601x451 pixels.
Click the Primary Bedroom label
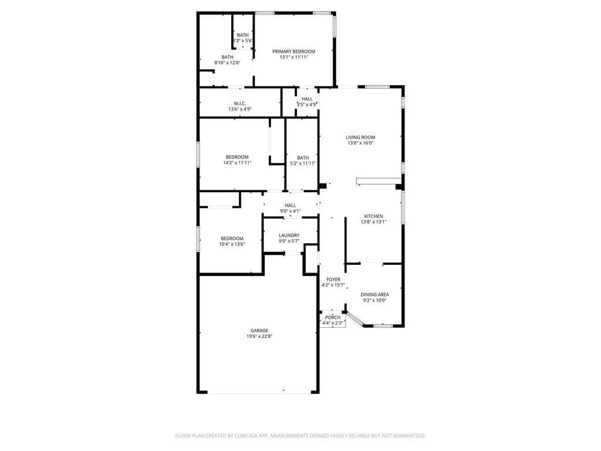[293, 52]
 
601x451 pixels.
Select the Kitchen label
[373, 216]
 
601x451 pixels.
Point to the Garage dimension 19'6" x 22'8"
[259, 336]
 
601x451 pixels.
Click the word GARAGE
[259, 330]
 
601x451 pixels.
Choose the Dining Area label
[374, 294]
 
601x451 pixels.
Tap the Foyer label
[333, 280]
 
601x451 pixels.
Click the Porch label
[332, 317]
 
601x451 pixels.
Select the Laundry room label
[289, 235]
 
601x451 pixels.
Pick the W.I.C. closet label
[239, 103]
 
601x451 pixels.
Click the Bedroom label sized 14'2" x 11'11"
[237, 157]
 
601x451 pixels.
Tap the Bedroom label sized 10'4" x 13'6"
[232, 238]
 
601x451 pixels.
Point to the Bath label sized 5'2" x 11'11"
[303, 157]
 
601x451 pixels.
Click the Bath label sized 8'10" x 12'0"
[227, 57]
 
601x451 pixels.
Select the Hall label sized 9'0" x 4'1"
[290, 205]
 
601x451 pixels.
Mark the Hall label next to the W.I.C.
[307, 99]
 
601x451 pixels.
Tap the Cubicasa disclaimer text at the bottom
[300, 436]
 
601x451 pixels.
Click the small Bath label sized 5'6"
[242, 35]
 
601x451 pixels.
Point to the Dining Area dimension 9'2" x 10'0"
[374, 301]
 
